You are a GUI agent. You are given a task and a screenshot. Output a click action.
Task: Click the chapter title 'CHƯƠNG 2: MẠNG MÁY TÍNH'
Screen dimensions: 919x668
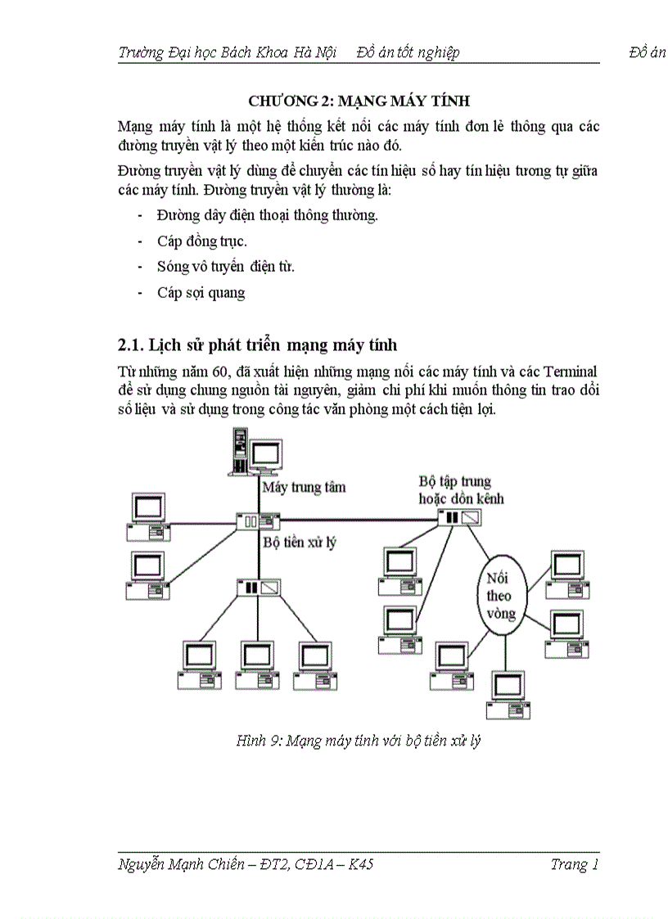359,101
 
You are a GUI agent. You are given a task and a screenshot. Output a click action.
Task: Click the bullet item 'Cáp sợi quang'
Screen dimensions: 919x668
201,293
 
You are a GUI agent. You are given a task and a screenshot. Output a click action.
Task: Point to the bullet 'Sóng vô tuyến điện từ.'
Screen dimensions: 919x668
226,267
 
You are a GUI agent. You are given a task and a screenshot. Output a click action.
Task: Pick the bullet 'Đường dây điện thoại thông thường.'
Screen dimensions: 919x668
268,216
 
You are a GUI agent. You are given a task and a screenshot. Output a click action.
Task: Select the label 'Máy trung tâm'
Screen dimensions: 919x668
304,487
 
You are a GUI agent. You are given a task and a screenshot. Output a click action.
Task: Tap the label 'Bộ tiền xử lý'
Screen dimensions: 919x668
299,542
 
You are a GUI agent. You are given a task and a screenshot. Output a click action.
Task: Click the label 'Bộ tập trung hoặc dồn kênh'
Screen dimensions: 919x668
461,490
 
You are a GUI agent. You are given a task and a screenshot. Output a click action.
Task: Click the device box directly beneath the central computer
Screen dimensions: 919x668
259,520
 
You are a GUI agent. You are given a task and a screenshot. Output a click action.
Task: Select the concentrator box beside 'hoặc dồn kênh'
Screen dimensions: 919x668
459,517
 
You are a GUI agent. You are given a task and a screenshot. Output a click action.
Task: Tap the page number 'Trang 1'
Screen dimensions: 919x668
575,865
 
